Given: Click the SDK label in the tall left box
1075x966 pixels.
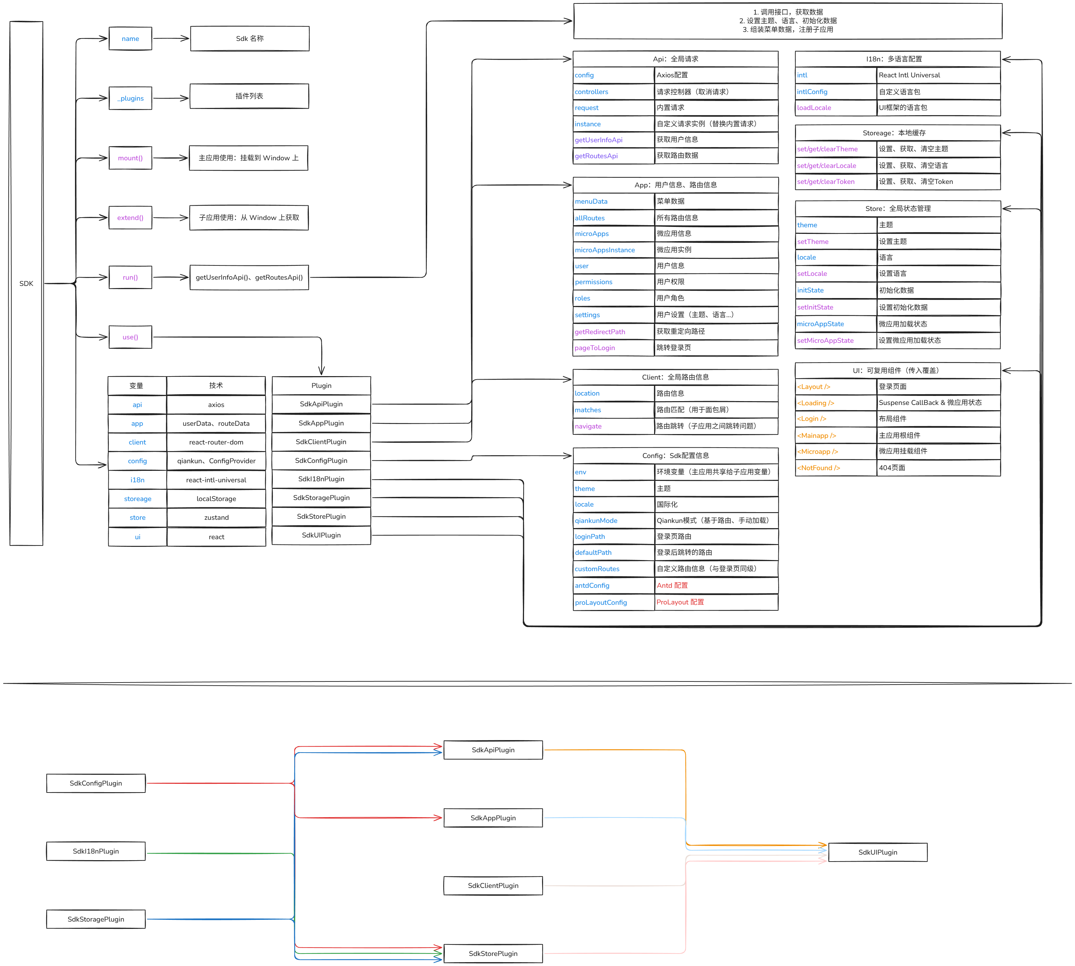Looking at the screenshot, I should point(26,283).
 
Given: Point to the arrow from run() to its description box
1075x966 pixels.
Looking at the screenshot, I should point(170,277).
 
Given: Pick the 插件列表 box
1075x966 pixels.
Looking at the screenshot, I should point(249,96).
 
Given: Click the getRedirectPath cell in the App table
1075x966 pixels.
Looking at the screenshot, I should point(613,332).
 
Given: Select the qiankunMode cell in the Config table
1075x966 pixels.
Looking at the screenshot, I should point(613,521).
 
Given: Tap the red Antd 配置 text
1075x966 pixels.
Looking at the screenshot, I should point(672,585).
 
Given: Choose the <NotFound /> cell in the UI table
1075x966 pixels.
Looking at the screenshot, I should point(835,468).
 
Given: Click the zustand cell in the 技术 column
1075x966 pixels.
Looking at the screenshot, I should point(216,517).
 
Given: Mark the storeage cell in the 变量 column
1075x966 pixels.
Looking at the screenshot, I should point(137,499).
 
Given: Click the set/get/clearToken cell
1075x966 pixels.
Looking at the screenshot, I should point(835,181).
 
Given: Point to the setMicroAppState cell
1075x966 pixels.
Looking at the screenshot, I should point(835,341).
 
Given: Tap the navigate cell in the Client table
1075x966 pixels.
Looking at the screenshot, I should point(613,426).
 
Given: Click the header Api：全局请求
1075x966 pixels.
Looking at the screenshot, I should point(675,59).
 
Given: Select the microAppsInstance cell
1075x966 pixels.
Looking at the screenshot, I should point(613,250).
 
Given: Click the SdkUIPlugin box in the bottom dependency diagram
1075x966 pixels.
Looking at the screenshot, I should point(878,853).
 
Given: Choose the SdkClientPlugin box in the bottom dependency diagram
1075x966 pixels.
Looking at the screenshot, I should point(493,886).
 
